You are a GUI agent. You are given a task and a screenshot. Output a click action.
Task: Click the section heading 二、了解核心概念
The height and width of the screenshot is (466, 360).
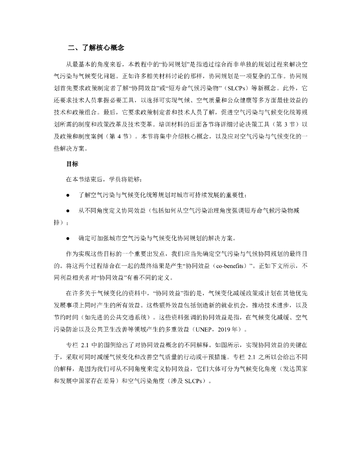click(96, 48)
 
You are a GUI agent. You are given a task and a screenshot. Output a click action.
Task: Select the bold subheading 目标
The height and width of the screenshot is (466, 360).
click(72, 166)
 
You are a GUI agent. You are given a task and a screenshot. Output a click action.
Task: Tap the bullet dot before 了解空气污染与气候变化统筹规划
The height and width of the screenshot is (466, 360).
click(67, 196)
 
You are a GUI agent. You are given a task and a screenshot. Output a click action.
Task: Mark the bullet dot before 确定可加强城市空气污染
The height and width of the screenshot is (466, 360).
click(67, 238)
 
